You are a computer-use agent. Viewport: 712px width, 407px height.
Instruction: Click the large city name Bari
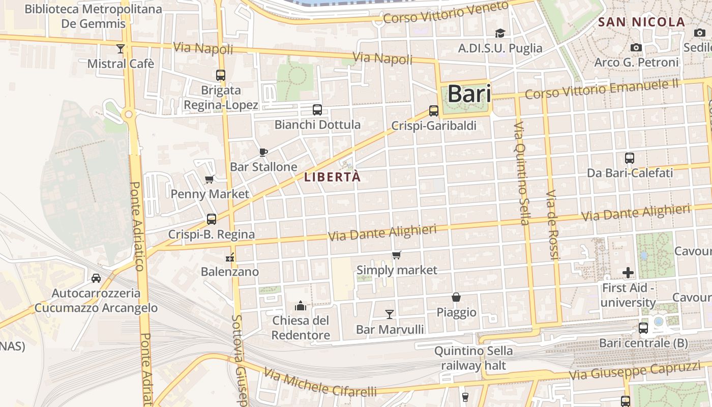tap(469, 94)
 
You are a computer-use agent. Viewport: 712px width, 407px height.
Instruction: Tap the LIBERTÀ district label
tap(332, 177)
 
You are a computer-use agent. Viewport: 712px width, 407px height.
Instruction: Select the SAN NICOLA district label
tap(641, 22)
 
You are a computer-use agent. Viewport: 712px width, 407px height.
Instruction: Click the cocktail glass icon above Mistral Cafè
tap(120, 49)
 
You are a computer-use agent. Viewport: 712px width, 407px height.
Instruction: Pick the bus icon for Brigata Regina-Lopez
tap(221, 75)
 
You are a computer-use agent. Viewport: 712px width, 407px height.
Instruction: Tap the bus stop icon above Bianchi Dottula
tap(317, 109)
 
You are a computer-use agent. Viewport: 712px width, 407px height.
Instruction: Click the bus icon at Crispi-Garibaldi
tap(434, 110)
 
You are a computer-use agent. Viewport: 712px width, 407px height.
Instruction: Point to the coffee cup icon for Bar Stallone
tap(263, 152)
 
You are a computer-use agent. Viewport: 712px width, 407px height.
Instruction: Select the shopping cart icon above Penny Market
tap(209, 179)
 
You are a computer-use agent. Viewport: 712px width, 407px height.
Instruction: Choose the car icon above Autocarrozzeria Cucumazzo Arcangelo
tap(96, 278)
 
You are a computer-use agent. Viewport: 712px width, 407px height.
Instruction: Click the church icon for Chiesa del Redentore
tap(301, 306)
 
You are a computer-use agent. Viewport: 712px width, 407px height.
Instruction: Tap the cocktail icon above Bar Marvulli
tap(390, 314)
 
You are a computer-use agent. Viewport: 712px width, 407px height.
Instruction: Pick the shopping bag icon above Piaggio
tap(456, 297)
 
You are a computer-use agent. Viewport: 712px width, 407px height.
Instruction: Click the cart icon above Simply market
tap(397, 255)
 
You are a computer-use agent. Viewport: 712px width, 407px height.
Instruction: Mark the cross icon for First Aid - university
tap(628, 273)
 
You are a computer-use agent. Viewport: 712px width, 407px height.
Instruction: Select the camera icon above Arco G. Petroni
tap(636, 48)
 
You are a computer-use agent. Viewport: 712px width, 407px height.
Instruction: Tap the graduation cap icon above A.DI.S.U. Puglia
tap(500, 34)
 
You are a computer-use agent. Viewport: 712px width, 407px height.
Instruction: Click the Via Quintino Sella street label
tap(522, 173)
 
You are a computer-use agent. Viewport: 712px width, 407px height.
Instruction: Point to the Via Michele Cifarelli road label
tap(320, 383)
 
